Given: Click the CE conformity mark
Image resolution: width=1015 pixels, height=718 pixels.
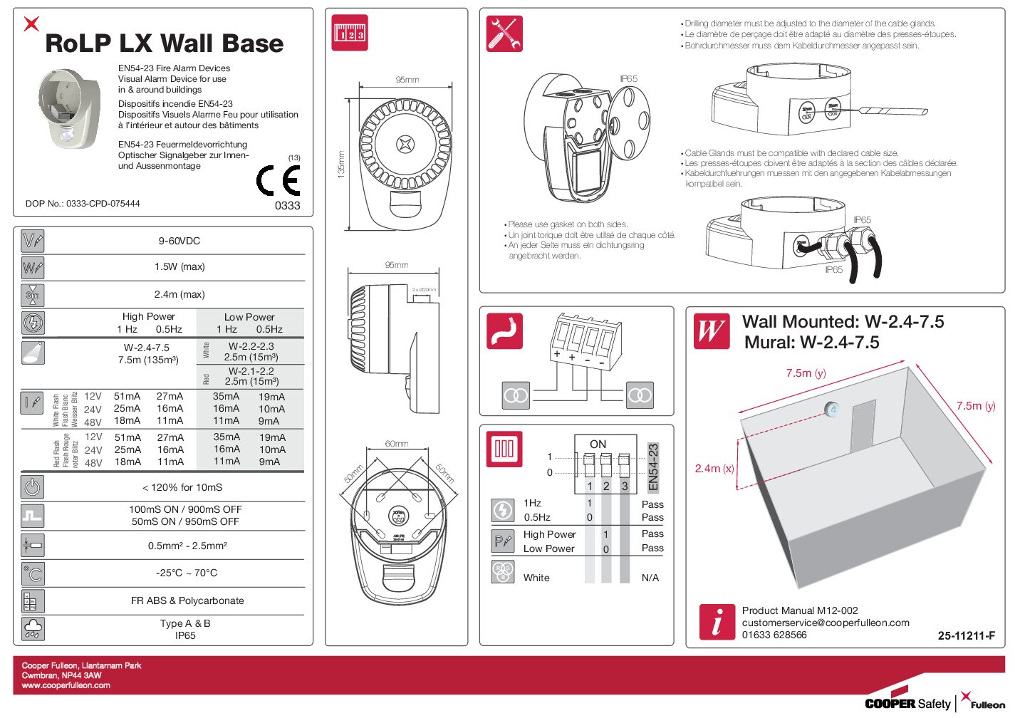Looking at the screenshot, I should point(278,180).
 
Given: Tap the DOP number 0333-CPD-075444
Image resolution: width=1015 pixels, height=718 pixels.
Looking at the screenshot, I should point(82,204).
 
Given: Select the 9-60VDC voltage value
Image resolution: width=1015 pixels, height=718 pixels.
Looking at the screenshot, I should point(179,241).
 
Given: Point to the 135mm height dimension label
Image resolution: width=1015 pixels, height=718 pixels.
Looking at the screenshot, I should point(340,164).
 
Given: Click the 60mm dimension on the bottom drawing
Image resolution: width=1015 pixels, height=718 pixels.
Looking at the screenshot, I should point(397,444).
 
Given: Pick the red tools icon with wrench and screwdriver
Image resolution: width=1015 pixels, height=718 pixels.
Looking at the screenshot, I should point(504,34).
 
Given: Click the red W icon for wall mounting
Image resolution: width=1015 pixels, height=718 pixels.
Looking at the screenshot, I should point(712,331).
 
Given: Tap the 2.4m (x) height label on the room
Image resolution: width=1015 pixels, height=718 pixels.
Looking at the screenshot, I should point(714,469).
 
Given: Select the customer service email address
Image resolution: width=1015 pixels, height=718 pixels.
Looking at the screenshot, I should point(826,623).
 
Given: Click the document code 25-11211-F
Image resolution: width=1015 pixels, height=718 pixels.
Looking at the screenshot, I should point(966,635).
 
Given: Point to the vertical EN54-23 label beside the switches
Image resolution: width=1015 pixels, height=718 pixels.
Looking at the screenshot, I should point(653,467).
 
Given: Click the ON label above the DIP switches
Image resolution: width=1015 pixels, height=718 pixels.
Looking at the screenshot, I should point(598,444).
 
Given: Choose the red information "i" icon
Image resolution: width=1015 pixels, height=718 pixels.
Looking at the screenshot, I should point(717,622).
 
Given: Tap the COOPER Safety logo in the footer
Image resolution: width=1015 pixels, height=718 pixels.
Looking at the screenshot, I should point(907,703).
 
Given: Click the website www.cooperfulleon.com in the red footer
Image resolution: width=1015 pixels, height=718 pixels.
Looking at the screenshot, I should point(66,685).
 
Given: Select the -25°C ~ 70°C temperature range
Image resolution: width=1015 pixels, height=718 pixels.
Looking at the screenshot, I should point(187,573).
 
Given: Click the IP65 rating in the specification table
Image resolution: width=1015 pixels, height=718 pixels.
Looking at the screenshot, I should point(185,635).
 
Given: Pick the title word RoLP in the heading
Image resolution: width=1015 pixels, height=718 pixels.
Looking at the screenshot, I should point(78,43).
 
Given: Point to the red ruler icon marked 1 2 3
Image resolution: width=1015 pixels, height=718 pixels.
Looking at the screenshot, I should point(350,33).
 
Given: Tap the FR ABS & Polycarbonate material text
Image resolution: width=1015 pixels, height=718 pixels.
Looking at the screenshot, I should point(187,600).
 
